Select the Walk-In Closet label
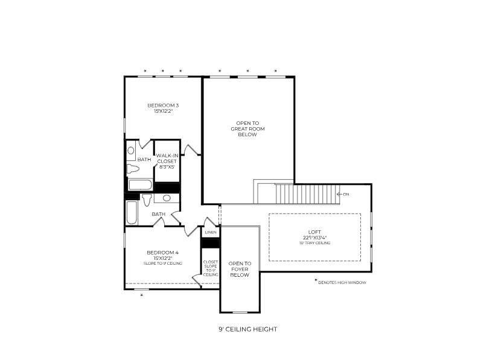[167, 161]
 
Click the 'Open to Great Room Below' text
[247, 128]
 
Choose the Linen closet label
[210, 232]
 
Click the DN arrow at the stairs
[343, 194]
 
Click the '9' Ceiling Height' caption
[247, 329]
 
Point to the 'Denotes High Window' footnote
[342, 282]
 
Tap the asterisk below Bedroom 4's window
[142, 295]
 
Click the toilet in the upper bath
[133, 168]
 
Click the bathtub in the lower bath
[132, 212]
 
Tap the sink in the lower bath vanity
[166, 198]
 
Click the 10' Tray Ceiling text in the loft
[314, 242]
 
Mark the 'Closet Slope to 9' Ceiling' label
[210, 268]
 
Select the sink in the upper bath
[131, 150]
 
